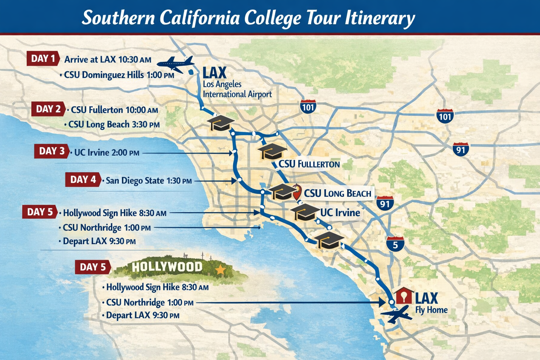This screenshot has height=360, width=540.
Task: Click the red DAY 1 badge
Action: pos(43,58)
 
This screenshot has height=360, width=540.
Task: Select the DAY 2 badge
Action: pos(48,109)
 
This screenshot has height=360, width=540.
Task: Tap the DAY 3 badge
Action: pos(52,151)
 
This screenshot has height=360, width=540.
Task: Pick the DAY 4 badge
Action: pos(83,180)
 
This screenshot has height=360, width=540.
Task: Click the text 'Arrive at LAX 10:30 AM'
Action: pos(108,59)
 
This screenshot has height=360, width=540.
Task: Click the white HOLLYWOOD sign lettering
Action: pos(167,267)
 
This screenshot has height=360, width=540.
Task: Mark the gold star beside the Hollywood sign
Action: pos(220,270)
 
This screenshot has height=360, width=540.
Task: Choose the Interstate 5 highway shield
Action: pos(395,244)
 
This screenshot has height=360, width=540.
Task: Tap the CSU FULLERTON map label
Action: pos(309,164)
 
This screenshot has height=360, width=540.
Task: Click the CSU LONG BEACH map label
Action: pos(337,193)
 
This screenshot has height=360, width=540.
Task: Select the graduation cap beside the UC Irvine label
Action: pos(304,212)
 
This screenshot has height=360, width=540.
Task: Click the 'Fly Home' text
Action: pos(431,310)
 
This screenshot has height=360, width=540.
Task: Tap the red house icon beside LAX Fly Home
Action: pos(404,296)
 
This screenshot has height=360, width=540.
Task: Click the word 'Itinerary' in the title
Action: pos(380,18)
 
